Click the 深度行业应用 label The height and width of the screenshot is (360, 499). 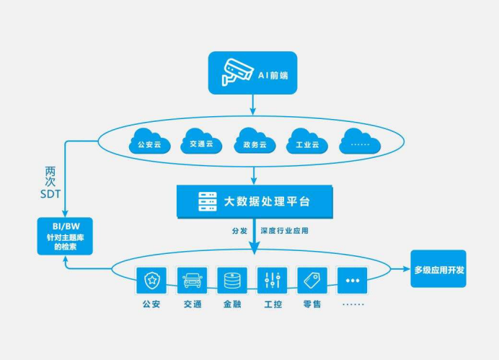click(289, 232)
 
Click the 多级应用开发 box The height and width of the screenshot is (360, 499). click(439, 269)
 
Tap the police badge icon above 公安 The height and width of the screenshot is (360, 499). click(151, 279)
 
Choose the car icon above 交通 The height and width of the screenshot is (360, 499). click(192, 279)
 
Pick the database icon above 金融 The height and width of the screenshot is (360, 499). click(232, 279)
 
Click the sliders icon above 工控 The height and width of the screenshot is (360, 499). click(273, 279)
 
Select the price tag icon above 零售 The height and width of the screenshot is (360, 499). click(312, 279)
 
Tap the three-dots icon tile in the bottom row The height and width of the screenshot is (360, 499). click(353, 279)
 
